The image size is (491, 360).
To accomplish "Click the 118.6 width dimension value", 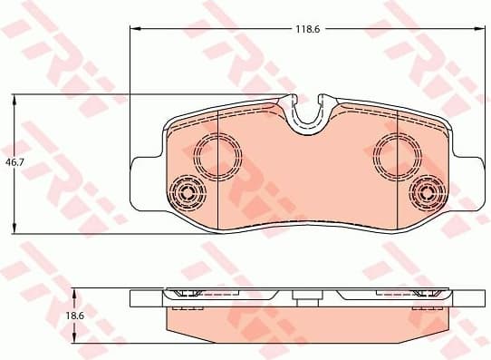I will pos(304,29).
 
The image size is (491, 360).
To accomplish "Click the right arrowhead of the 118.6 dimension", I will pos(477,29).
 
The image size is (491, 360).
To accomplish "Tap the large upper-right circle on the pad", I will pos(396,153).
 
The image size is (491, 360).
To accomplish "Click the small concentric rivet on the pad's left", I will pos(189,192).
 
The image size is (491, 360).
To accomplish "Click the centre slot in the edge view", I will pos(307,296).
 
